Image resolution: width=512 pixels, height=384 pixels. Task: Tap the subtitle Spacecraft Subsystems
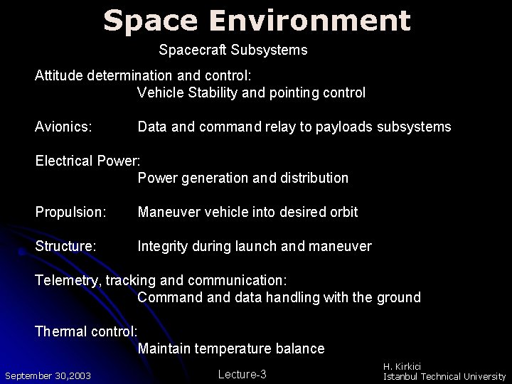click(x=233, y=50)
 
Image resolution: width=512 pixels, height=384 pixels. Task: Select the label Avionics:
click(x=63, y=127)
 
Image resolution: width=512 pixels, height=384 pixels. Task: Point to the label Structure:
click(x=65, y=246)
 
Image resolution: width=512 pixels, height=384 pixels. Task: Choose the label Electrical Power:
click(x=89, y=161)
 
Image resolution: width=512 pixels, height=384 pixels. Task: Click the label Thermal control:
click(x=86, y=331)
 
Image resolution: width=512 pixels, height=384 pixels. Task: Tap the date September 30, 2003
click(x=48, y=375)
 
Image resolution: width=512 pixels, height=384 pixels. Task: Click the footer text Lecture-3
click(x=242, y=374)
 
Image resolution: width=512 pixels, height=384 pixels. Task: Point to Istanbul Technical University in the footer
click(x=444, y=376)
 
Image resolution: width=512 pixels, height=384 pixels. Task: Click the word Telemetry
click(x=68, y=280)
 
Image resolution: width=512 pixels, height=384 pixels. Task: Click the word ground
click(x=398, y=297)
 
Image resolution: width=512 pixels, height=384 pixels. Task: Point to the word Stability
click(x=209, y=92)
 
